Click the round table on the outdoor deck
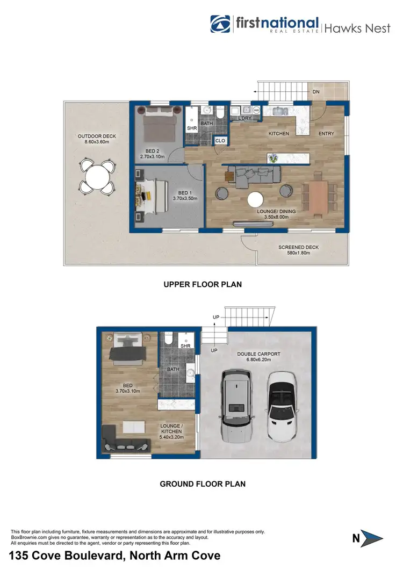[x=97, y=176]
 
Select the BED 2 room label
[x=152, y=154]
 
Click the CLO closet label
[x=220, y=141]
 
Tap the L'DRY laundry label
[x=245, y=118]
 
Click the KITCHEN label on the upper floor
[x=278, y=133]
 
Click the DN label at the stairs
[x=316, y=92]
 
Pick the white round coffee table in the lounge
[x=255, y=200]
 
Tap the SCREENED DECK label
[x=294, y=249]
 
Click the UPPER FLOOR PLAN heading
[x=202, y=285]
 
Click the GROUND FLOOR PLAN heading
[x=202, y=484]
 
